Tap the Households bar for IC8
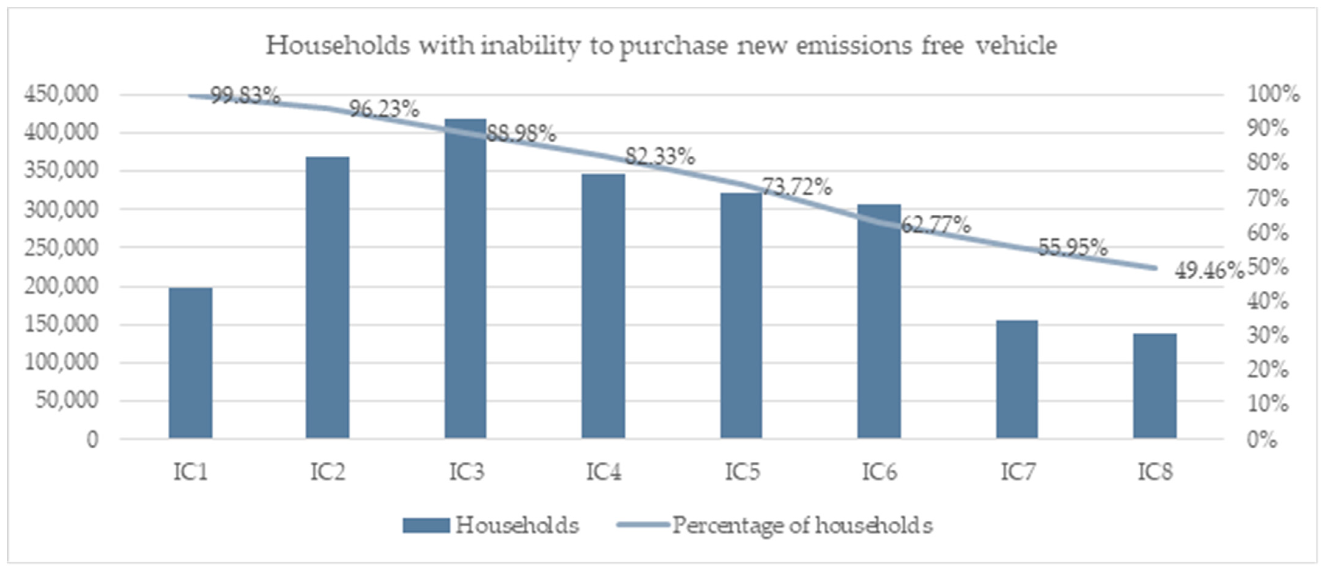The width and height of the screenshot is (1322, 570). pos(1155,385)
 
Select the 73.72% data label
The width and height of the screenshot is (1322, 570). pos(796,187)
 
